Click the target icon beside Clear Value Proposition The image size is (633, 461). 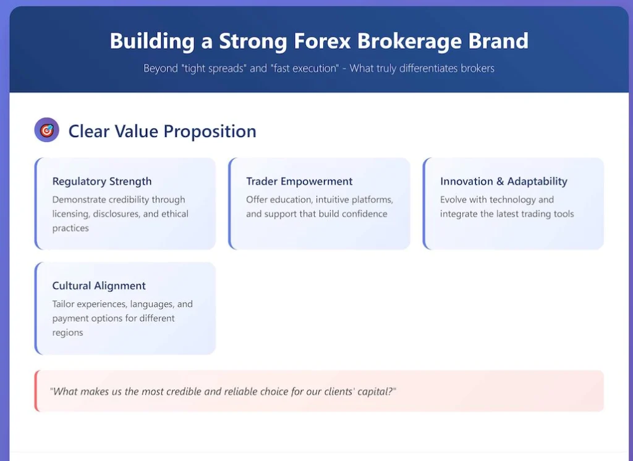(46, 130)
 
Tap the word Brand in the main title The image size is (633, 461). (498, 41)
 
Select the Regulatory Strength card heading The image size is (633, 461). (102, 181)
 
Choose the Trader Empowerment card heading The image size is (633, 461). (299, 181)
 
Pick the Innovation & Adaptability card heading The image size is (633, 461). (503, 181)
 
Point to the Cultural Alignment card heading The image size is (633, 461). (99, 286)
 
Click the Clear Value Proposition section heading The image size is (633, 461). (162, 131)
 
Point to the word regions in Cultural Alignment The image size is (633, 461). (67, 333)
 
